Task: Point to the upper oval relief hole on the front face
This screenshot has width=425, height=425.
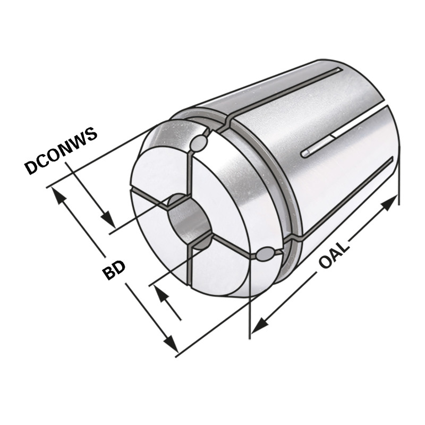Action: (x=199, y=143)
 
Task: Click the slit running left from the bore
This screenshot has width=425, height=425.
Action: (x=151, y=196)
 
